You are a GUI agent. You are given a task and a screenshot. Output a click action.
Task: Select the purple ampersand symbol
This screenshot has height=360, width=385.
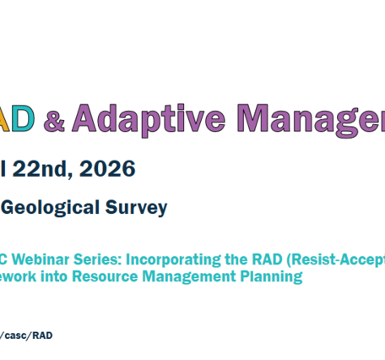pos(53,123)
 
